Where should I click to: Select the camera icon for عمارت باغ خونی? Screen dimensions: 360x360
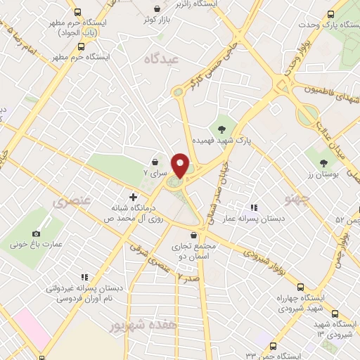click(x=37, y=233)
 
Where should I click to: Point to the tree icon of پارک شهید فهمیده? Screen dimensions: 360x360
click(x=222, y=129)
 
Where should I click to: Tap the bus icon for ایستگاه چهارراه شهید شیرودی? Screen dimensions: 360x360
click(x=301, y=287)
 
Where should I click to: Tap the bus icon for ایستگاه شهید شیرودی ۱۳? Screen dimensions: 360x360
click(x=335, y=314)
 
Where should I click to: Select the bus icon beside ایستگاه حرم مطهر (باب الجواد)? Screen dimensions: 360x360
click(x=77, y=13)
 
